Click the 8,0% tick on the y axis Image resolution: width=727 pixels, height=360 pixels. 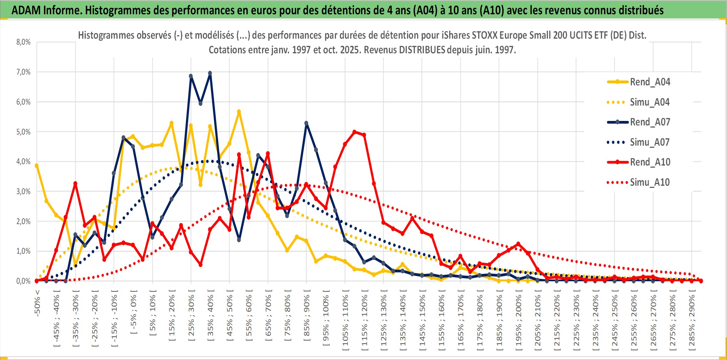[23, 42]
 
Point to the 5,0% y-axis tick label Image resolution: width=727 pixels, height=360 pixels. [23, 132]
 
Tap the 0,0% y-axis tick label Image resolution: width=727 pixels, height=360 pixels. [23, 281]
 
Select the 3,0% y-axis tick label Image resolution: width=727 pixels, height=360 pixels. [23, 191]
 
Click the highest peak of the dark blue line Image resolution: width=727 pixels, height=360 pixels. [210, 73]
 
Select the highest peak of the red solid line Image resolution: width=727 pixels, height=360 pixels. [354, 132]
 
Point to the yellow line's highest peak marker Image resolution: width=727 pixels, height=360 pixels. [239, 112]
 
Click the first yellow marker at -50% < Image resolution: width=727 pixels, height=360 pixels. [37, 166]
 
